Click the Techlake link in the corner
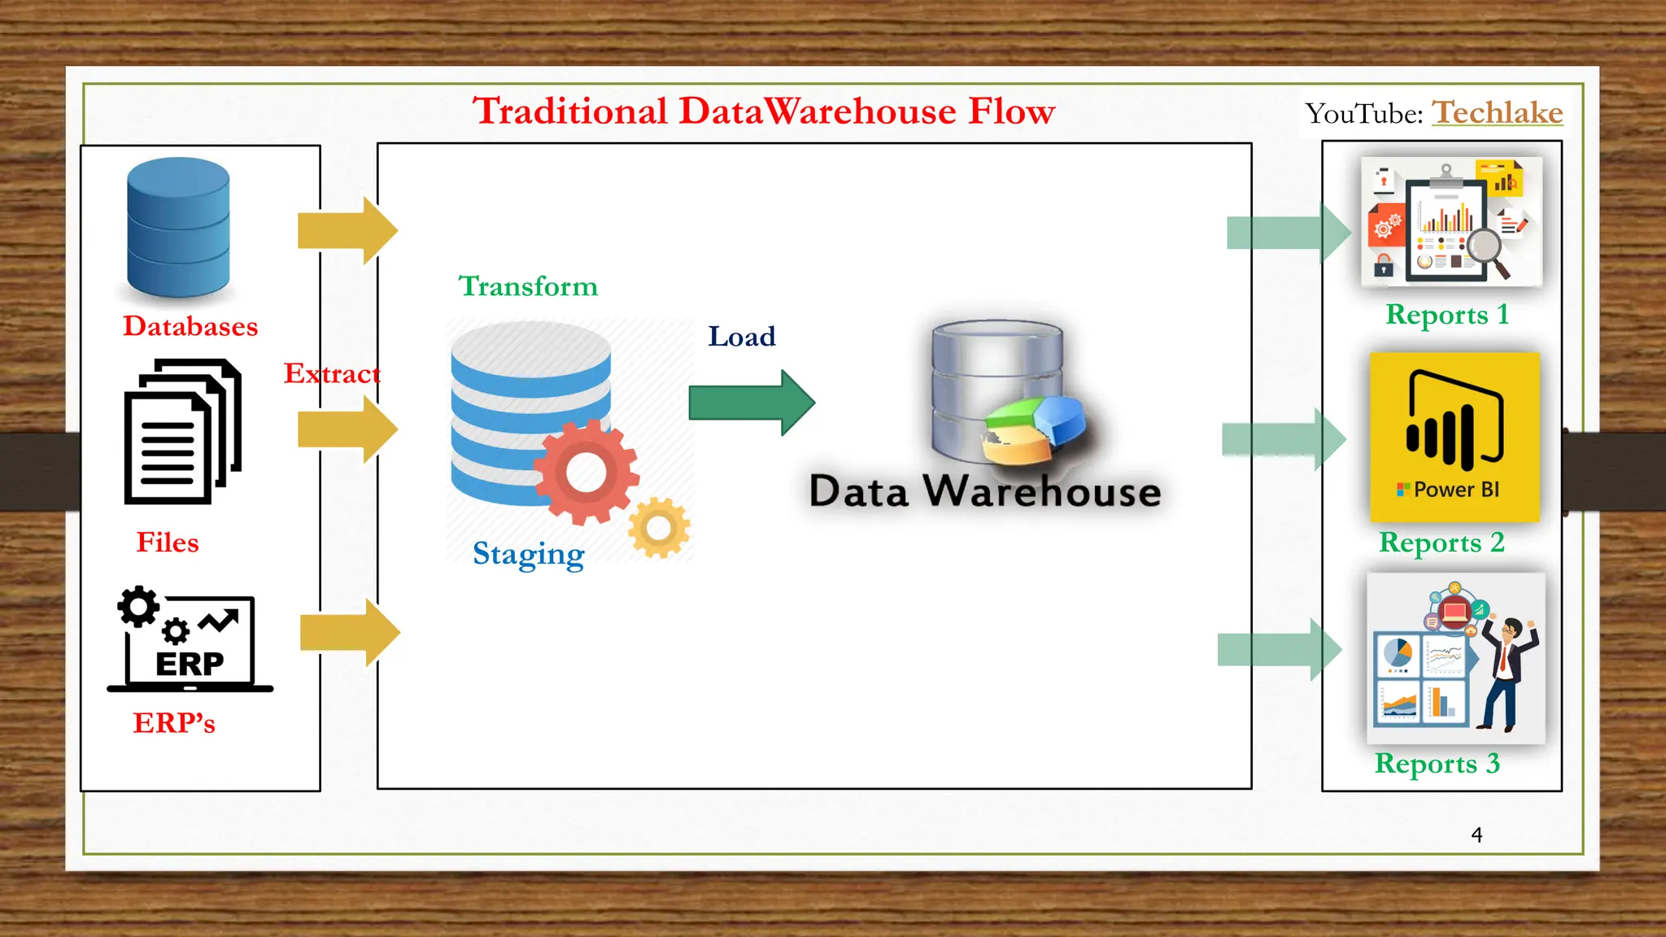1497,112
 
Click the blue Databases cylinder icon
178,227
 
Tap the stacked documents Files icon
182,431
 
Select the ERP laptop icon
190,643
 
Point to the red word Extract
332,373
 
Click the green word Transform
528,286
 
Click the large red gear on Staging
586,472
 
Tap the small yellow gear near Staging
659,528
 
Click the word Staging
528,554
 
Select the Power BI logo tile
1454,437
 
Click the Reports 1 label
1447,315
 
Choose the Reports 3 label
1437,764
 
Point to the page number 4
1476,835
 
